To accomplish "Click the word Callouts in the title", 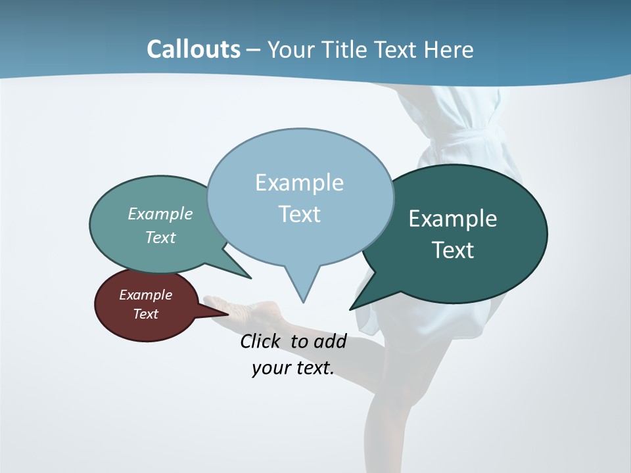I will pyautogui.click(x=193, y=49).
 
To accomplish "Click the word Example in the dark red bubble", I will pyautogui.click(x=145, y=295).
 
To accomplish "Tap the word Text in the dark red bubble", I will pyautogui.click(x=145, y=314).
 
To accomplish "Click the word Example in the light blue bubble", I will pyautogui.click(x=299, y=183).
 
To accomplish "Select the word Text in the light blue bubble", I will pyautogui.click(x=299, y=214).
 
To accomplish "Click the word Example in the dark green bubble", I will pyautogui.click(x=453, y=219).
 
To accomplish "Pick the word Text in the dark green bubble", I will pyautogui.click(x=453, y=250).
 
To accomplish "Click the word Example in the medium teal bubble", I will pyautogui.click(x=160, y=214).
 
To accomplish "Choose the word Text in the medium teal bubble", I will pyautogui.click(x=160, y=237).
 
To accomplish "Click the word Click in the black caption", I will pyautogui.click(x=261, y=342).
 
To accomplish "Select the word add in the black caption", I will pyautogui.click(x=330, y=342).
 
